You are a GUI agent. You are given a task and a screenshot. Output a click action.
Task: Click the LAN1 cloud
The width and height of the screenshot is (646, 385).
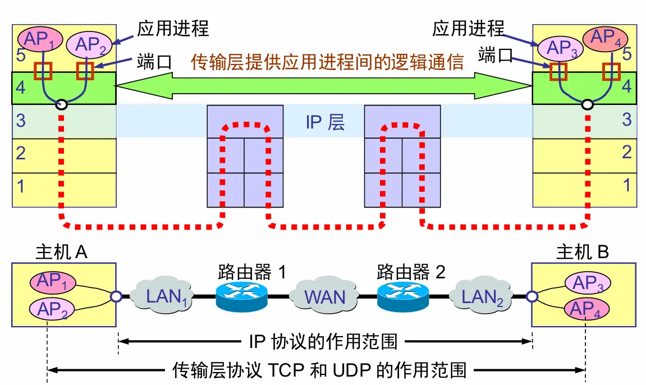[163, 296]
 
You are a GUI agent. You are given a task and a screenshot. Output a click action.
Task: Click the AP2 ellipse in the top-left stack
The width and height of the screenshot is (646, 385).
[90, 44]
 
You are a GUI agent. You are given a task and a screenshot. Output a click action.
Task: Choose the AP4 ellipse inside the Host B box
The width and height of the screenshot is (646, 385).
[586, 308]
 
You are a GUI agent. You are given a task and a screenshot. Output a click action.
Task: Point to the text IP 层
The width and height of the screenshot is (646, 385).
[325, 122]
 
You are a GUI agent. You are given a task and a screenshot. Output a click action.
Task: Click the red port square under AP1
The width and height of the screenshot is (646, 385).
[43, 71]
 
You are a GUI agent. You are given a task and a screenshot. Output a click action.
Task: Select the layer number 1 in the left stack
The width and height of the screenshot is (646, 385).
[21, 186]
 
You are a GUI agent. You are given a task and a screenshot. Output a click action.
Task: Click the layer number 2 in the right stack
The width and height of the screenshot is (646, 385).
[627, 152]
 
